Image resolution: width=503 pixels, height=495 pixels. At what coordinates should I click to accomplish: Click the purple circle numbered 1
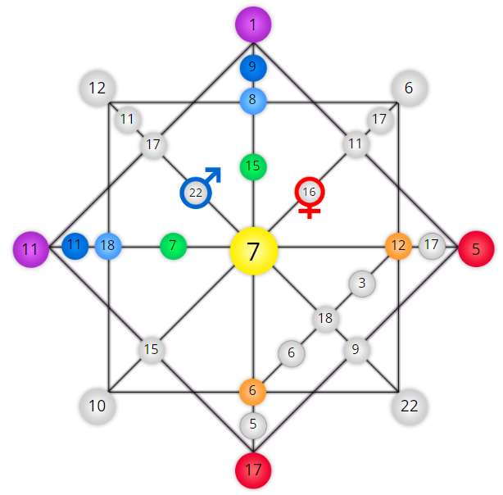click(253, 25)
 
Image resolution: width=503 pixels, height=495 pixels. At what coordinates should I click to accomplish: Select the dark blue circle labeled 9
click(253, 68)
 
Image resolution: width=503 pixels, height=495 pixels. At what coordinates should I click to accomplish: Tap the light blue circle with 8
click(253, 101)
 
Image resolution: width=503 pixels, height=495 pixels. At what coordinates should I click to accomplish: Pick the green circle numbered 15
click(253, 167)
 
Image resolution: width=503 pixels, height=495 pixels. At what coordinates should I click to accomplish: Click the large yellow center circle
click(253, 251)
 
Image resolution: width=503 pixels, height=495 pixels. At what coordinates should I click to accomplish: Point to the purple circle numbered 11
click(31, 249)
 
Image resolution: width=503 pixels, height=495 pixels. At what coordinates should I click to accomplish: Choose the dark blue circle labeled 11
click(75, 246)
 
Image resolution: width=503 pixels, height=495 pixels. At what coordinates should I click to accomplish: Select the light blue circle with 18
click(108, 246)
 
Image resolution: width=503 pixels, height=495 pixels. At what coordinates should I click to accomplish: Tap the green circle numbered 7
click(173, 246)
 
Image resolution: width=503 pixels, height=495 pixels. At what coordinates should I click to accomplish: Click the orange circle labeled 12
click(398, 246)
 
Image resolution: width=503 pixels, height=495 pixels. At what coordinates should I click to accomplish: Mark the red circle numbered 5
click(476, 249)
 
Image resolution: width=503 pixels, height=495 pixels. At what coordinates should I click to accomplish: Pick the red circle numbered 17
click(253, 470)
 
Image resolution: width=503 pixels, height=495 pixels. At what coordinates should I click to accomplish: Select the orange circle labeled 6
click(253, 392)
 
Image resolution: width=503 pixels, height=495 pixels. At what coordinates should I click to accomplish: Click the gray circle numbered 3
click(362, 284)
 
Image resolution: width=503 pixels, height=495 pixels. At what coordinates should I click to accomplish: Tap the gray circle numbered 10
click(97, 406)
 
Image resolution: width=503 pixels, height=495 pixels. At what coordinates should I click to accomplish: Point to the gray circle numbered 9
click(356, 350)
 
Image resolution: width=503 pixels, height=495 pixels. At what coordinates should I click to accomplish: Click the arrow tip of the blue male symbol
click(220, 168)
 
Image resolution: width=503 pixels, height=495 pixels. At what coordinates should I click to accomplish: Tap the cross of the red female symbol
click(309, 211)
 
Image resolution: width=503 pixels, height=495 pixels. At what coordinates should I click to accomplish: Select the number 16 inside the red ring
click(309, 192)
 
